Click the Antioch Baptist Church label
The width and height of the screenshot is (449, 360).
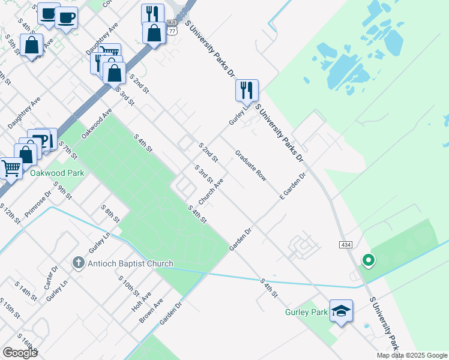130,263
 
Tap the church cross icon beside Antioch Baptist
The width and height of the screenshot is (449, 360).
78,263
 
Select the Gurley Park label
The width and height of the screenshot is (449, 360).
306,312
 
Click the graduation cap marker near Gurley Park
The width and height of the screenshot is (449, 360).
341,311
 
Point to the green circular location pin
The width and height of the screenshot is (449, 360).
368,260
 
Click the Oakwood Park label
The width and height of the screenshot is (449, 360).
57,173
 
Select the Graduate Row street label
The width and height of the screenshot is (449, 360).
250,166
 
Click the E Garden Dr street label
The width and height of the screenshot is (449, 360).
293,186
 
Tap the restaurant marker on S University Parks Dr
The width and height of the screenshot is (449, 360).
247,91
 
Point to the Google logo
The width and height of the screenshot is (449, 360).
20,353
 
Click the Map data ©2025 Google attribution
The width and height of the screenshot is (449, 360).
412,355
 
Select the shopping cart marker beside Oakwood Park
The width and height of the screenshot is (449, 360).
11,169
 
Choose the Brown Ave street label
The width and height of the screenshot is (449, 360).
151,313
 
